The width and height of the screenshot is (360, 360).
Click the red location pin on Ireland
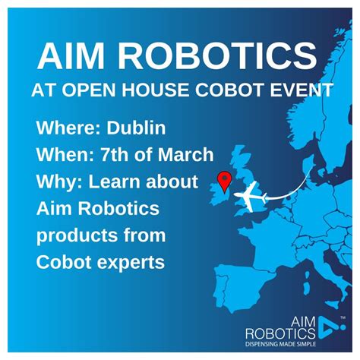pos(224,180)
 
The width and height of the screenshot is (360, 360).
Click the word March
pos(180,155)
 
